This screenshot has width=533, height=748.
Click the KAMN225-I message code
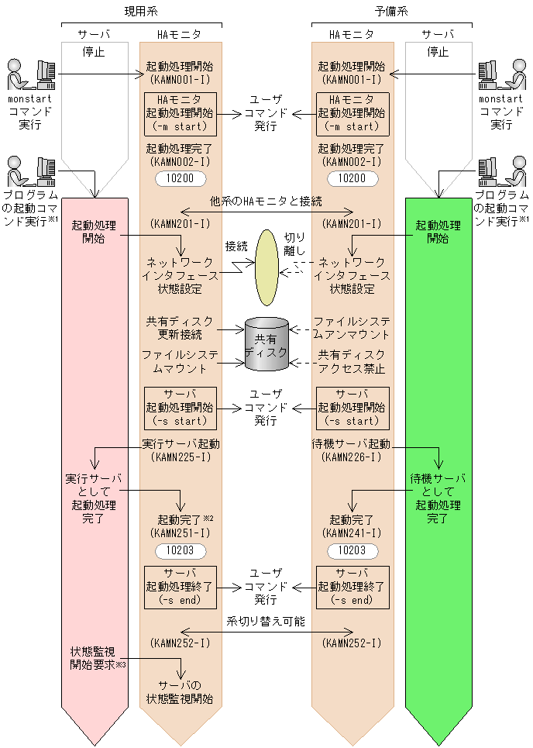(x=181, y=457)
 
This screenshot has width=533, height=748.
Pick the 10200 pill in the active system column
(x=181, y=178)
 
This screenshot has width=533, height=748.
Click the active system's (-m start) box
(x=181, y=113)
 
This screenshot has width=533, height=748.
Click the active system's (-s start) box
(x=181, y=408)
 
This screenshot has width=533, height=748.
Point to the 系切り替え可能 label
(x=266, y=621)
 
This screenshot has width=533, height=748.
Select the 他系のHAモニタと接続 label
(x=266, y=201)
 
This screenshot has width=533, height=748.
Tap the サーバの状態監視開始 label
(x=181, y=692)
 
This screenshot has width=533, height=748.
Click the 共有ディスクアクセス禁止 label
(x=350, y=361)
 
